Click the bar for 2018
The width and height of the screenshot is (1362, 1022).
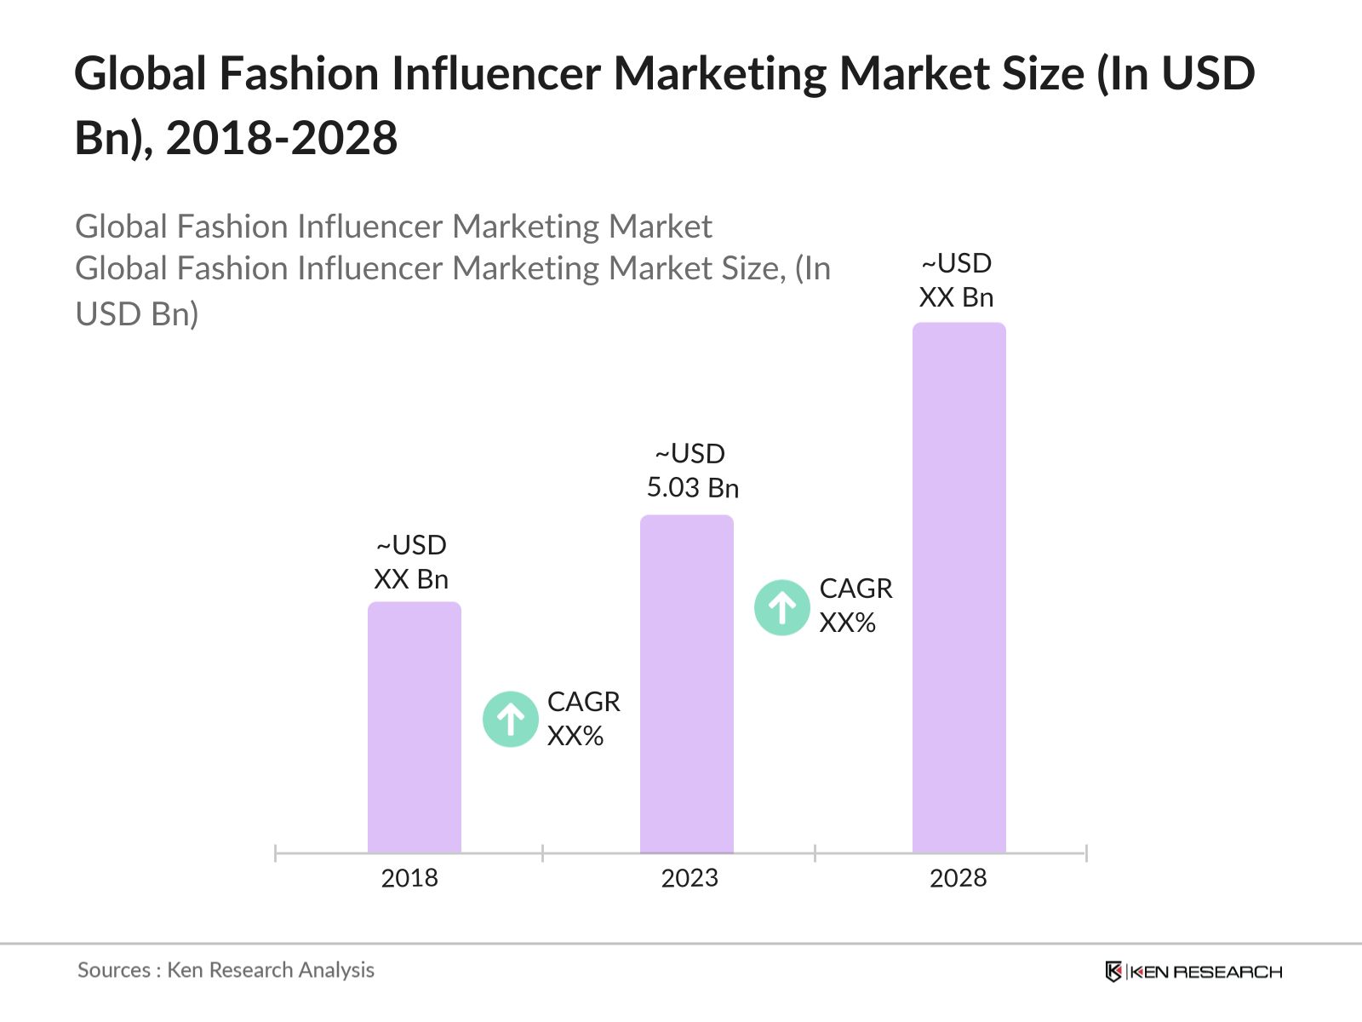point(415,727)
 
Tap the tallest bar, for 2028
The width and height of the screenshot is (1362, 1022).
point(959,588)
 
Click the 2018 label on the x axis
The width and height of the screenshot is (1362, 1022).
point(409,878)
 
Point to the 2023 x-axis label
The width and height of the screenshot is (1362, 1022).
point(690,878)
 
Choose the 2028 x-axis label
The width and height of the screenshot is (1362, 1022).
point(958,878)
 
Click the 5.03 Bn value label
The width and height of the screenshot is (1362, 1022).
point(692,488)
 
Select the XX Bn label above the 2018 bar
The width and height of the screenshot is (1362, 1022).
point(411,579)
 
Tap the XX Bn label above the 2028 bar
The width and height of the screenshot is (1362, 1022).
point(956,297)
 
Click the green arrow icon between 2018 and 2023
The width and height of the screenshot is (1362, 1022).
point(511,720)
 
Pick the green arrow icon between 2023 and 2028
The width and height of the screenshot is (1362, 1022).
point(782,607)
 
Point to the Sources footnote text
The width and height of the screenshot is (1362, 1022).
point(226,970)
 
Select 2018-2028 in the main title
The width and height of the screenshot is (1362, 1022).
point(282,138)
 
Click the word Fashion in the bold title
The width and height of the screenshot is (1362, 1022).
point(299,74)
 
